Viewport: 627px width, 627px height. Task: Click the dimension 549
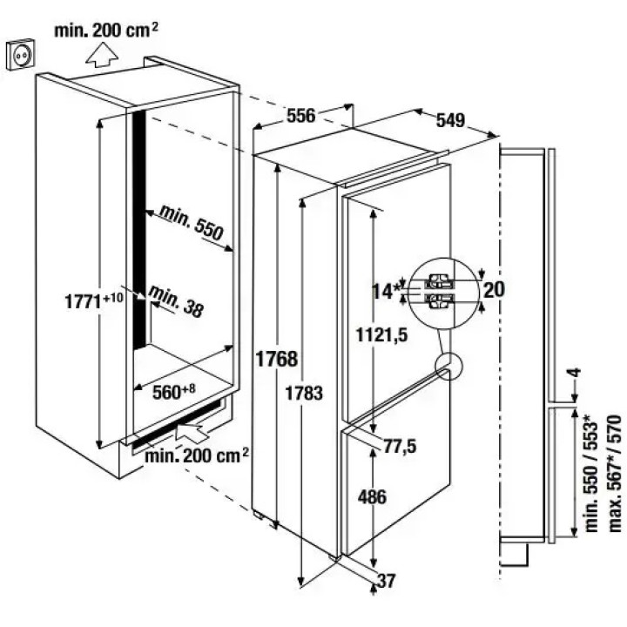point(449,121)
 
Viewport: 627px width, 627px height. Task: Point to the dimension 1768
point(276,358)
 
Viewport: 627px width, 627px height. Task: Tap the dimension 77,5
point(400,447)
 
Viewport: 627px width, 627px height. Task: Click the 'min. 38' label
point(176,300)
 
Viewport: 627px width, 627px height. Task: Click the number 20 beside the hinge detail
point(494,290)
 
